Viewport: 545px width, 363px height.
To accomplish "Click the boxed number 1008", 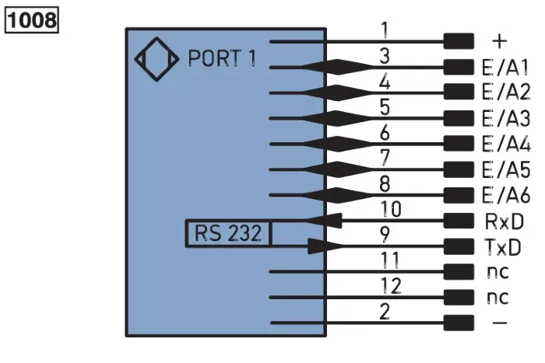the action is pyautogui.click(x=32, y=20).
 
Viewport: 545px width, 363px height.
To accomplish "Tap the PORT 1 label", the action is pyautogui.click(x=222, y=58).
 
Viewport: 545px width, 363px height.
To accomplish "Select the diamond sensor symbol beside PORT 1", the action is pyautogui.click(x=156, y=59).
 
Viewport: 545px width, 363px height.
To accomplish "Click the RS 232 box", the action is pyautogui.click(x=228, y=233).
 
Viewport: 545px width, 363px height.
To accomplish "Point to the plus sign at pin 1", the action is pyautogui.click(x=500, y=41).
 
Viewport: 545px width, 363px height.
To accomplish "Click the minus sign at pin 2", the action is pyautogui.click(x=500, y=323).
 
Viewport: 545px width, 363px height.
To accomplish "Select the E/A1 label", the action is pyautogui.click(x=505, y=68).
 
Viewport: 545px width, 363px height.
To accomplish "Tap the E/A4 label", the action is pyautogui.click(x=506, y=144).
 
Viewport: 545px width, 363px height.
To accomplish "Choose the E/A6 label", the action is pyautogui.click(x=506, y=195).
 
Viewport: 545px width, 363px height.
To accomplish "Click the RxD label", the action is pyautogui.click(x=504, y=222).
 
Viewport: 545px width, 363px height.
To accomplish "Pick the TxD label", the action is pyautogui.click(x=503, y=247).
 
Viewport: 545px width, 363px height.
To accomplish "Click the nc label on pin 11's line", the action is pyautogui.click(x=498, y=272).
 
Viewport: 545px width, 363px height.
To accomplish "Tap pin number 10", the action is pyautogui.click(x=391, y=209).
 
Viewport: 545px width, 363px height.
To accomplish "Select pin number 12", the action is pyautogui.click(x=391, y=286).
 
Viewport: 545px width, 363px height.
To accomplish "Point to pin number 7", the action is pyautogui.click(x=385, y=158).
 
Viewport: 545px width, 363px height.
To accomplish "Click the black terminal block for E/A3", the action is pyautogui.click(x=459, y=118).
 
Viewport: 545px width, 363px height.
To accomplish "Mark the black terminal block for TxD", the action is pyautogui.click(x=459, y=246).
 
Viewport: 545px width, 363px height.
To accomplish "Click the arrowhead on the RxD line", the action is pyautogui.click(x=324, y=221).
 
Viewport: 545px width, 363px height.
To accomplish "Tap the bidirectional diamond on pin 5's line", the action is pyautogui.click(x=338, y=118).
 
